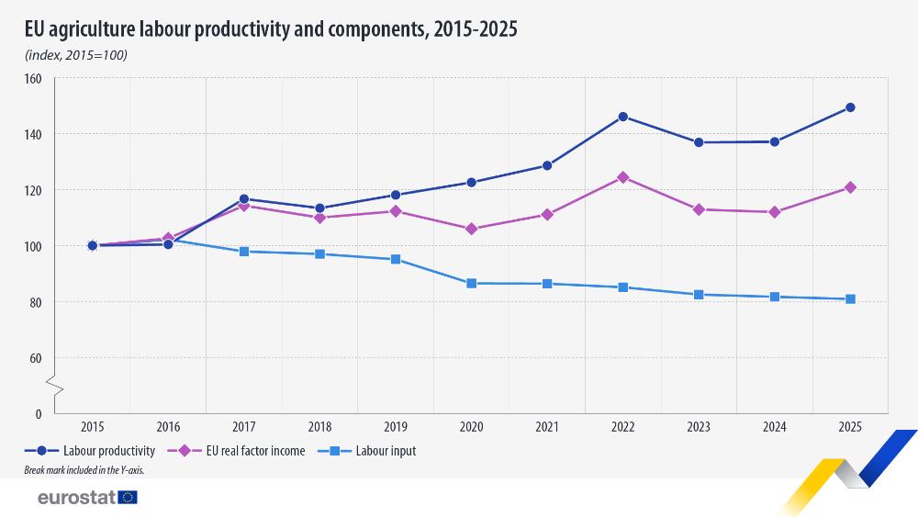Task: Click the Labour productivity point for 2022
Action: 623,117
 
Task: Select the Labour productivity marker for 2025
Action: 850,107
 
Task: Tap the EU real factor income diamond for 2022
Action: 623,177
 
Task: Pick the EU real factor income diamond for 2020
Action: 472,229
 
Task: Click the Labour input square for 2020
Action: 472,283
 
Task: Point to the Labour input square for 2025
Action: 850,298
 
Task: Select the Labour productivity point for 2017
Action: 244,198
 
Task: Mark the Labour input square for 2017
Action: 244,251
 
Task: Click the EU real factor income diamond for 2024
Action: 775,212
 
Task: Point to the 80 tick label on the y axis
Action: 36,302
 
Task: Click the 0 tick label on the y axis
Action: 39,414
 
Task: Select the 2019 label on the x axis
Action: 396,427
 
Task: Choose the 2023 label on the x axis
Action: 699,427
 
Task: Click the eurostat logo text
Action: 75,498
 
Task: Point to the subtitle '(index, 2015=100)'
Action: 76,55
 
